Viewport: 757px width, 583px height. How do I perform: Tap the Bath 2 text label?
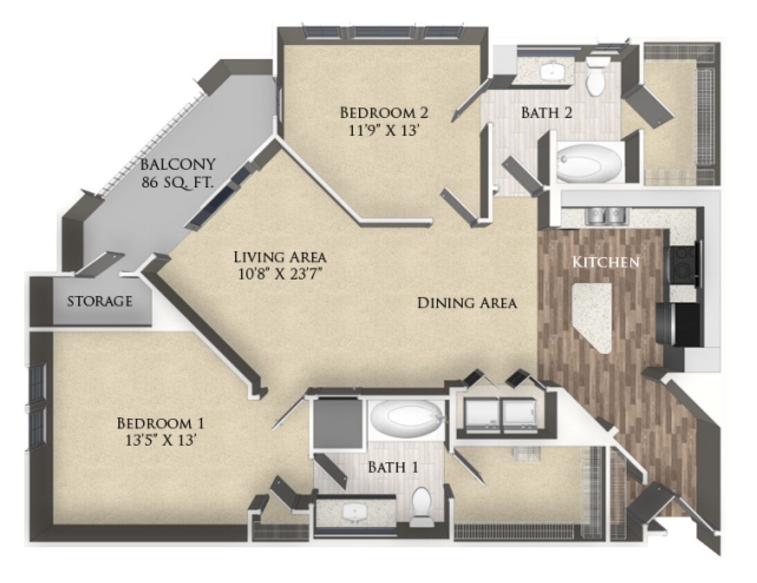[549, 113]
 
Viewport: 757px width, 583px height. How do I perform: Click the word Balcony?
[178, 164]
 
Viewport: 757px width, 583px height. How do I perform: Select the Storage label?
[100, 301]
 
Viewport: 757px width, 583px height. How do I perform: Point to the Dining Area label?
[467, 303]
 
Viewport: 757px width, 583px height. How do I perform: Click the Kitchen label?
[604, 262]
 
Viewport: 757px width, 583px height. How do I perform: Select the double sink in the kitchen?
[606, 216]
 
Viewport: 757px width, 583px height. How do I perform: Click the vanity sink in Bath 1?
[355, 513]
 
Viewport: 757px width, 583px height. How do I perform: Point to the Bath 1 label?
[393, 467]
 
